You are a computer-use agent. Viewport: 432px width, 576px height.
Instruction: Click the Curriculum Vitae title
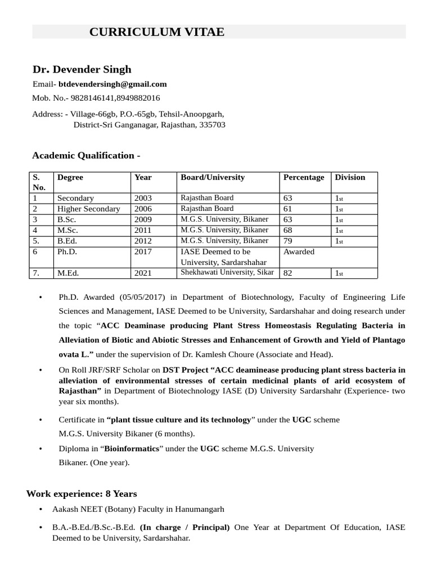(x=156, y=32)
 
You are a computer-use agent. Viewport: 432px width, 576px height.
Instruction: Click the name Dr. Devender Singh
(x=82, y=69)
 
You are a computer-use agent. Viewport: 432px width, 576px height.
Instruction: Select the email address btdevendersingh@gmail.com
(x=112, y=84)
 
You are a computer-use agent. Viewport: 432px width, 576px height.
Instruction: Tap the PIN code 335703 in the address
(x=213, y=124)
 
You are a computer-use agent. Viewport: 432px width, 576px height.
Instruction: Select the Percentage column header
(x=304, y=177)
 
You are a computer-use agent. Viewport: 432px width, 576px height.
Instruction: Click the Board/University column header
(x=213, y=177)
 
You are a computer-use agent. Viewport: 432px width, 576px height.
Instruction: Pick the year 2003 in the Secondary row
(x=143, y=198)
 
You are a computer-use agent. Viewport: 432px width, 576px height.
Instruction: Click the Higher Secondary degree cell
(x=88, y=209)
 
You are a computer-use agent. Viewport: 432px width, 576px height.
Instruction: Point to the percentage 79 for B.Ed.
(x=288, y=241)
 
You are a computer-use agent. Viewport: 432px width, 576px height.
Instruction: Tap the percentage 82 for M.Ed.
(x=288, y=273)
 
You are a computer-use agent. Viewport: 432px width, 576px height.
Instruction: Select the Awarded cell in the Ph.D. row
(x=299, y=251)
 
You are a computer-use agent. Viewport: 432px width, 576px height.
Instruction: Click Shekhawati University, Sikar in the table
(x=227, y=272)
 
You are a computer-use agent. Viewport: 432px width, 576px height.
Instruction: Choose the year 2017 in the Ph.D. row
(x=143, y=251)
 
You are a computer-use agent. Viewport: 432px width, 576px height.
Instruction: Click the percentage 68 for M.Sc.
(x=288, y=230)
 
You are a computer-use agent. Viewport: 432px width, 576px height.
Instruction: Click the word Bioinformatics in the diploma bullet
(x=131, y=449)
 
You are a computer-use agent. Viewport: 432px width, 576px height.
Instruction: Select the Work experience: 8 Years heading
(x=82, y=494)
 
